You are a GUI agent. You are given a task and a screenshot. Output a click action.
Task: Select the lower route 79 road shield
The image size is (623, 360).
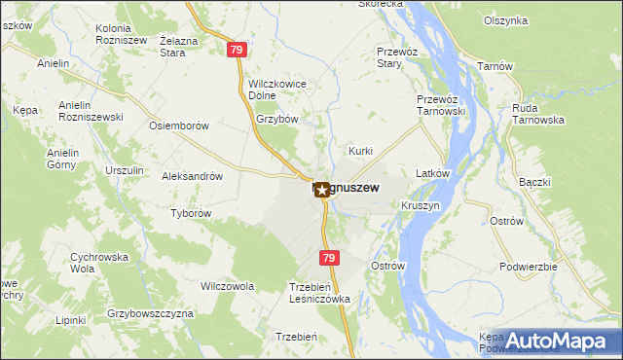[329, 257]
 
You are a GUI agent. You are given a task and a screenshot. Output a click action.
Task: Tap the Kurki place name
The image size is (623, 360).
[361, 151]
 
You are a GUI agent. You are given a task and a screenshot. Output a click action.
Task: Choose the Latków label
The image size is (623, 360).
[431, 173]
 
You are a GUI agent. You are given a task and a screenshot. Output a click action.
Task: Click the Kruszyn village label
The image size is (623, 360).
[420, 206]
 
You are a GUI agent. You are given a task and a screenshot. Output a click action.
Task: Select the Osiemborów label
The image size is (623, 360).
[178, 126]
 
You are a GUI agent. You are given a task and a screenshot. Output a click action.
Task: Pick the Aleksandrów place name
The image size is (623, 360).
[193, 177]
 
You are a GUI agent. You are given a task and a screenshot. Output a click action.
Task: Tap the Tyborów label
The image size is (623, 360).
[191, 213]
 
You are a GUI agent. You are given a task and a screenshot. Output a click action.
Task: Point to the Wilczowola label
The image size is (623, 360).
[227, 287]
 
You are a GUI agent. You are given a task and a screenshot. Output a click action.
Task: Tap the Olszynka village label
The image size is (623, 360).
[504, 19]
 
